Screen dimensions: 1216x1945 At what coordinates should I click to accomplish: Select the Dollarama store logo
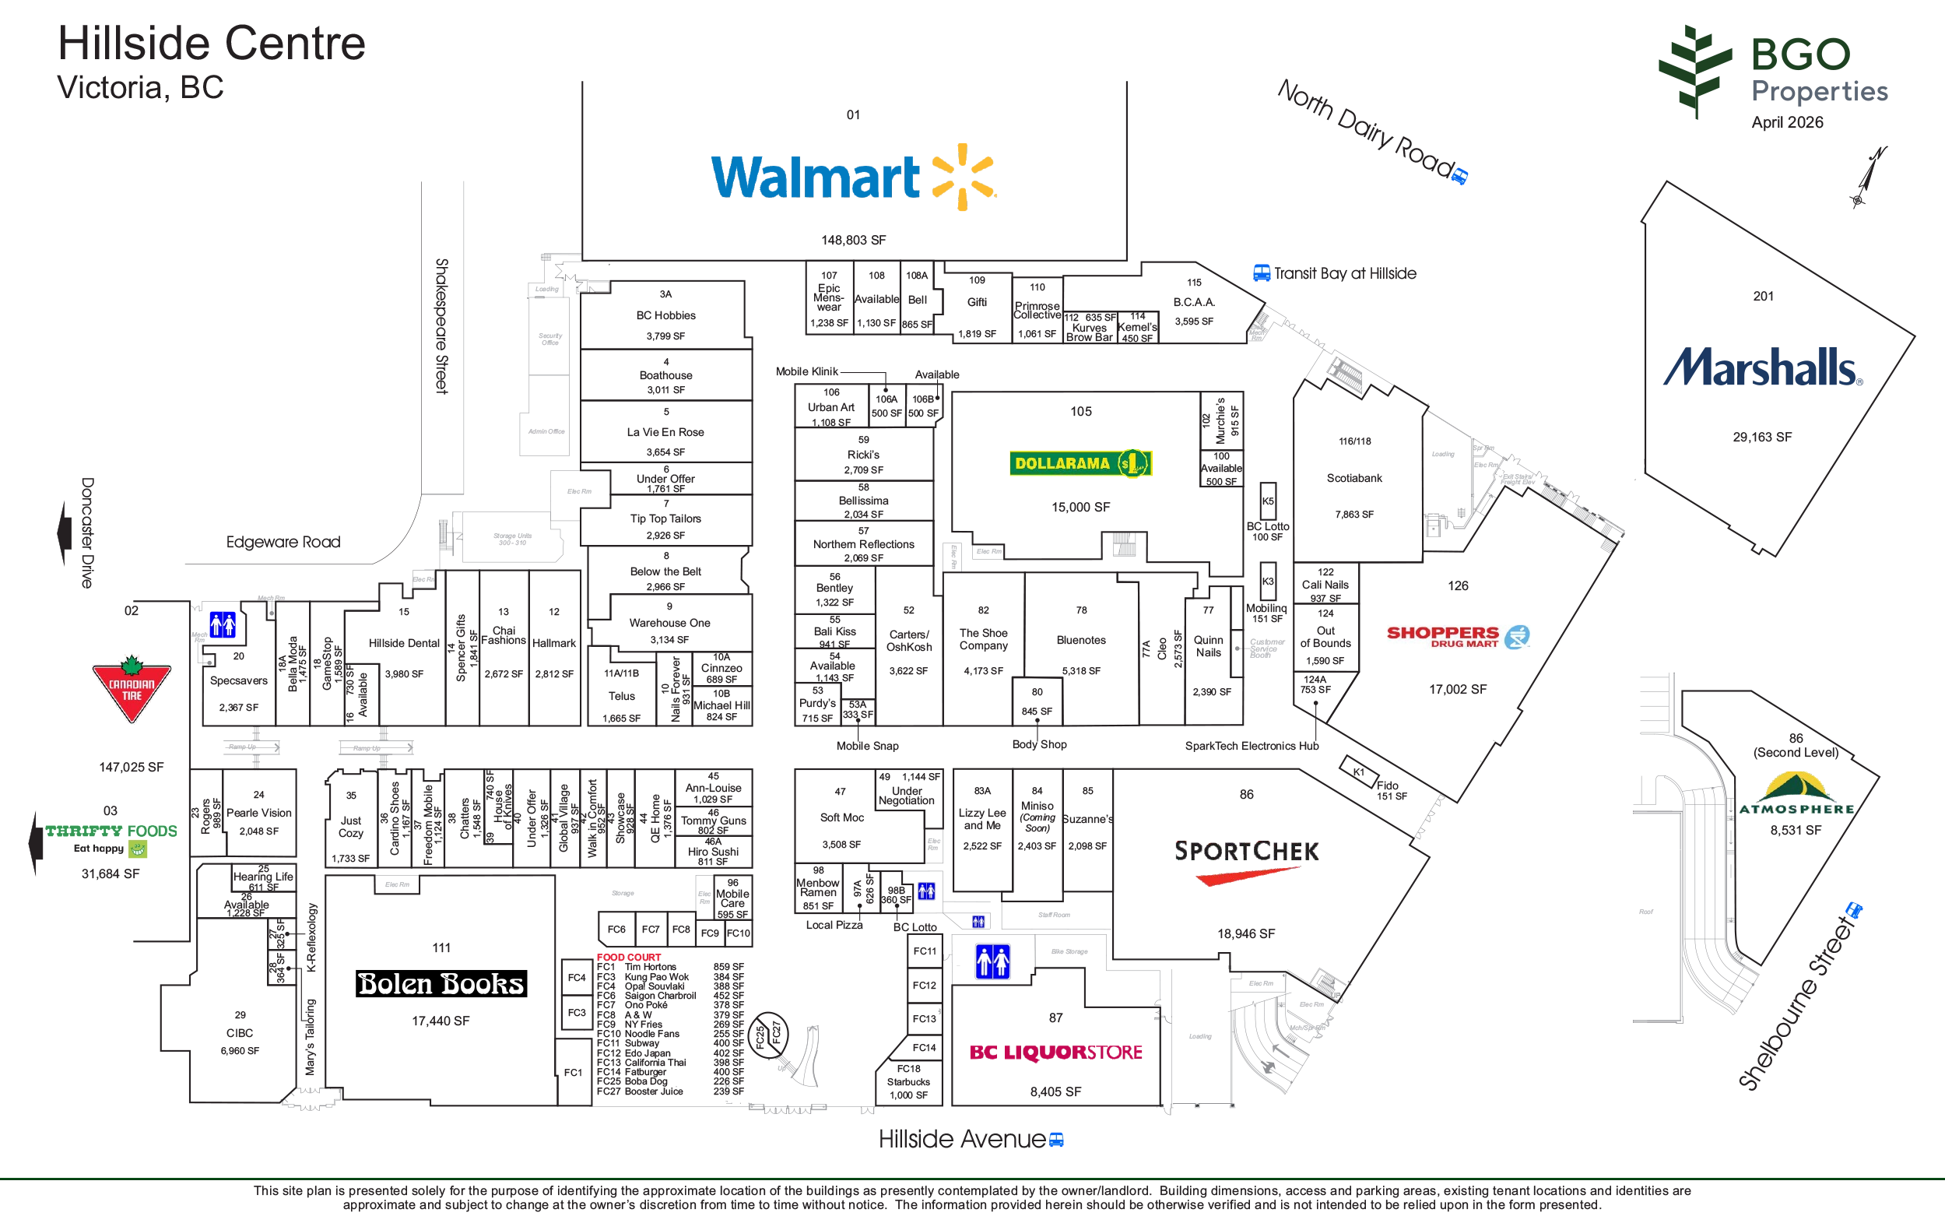[1083, 464]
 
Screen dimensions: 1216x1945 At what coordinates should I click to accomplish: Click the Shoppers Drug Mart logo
[1455, 638]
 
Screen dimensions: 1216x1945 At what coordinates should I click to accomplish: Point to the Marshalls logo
[1764, 366]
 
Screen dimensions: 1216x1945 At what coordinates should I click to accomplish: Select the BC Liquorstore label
[1055, 1052]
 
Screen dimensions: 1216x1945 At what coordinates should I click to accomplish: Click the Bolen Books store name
[441, 983]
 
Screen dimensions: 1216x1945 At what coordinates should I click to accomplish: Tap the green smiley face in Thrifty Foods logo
[139, 849]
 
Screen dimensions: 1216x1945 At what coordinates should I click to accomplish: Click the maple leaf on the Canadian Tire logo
[131, 664]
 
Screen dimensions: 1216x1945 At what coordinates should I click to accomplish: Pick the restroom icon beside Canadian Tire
[223, 624]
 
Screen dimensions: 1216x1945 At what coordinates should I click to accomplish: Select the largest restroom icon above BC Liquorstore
[992, 962]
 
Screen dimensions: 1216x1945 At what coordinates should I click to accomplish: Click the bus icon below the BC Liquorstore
[1055, 1140]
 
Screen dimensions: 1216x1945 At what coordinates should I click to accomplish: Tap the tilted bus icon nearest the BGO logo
[1459, 176]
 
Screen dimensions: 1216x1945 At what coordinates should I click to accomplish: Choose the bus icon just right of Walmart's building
[1261, 273]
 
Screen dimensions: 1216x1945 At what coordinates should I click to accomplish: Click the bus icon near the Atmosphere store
[1853, 910]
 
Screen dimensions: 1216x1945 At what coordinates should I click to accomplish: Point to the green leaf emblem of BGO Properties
[1694, 71]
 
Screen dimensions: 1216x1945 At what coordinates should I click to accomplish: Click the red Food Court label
[629, 957]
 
